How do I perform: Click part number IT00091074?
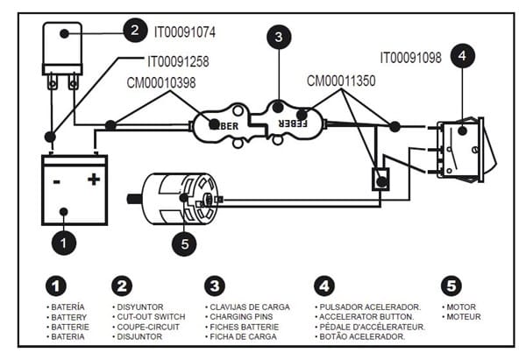pyautogui.click(x=184, y=32)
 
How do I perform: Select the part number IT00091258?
pyautogui.click(x=178, y=61)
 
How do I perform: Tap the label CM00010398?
pyautogui.click(x=161, y=83)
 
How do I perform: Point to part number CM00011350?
pyautogui.click(x=341, y=81)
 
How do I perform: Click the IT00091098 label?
pyautogui.click(x=410, y=58)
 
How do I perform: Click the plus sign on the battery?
pyautogui.click(x=94, y=180)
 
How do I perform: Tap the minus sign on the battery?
pyautogui.click(x=57, y=182)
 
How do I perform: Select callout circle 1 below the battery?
pyautogui.click(x=64, y=243)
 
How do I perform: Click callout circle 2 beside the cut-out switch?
pyautogui.click(x=135, y=30)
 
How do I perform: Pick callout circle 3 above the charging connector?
pyautogui.click(x=279, y=37)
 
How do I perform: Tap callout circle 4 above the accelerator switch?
pyautogui.click(x=463, y=56)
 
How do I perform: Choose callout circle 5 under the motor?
pyautogui.click(x=184, y=244)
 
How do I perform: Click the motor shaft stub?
pyautogui.click(x=134, y=199)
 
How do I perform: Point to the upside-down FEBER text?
pyautogui.click(x=293, y=124)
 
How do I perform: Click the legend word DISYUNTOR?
pyautogui.click(x=140, y=307)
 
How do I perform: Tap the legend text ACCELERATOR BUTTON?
pyautogui.click(x=366, y=317)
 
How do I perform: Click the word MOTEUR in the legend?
pyautogui.click(x=464, y=317)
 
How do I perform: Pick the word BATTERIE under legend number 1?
pyautogui.click(x=70, y=327)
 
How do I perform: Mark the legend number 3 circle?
pyautogui.click(x=215, y=286)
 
